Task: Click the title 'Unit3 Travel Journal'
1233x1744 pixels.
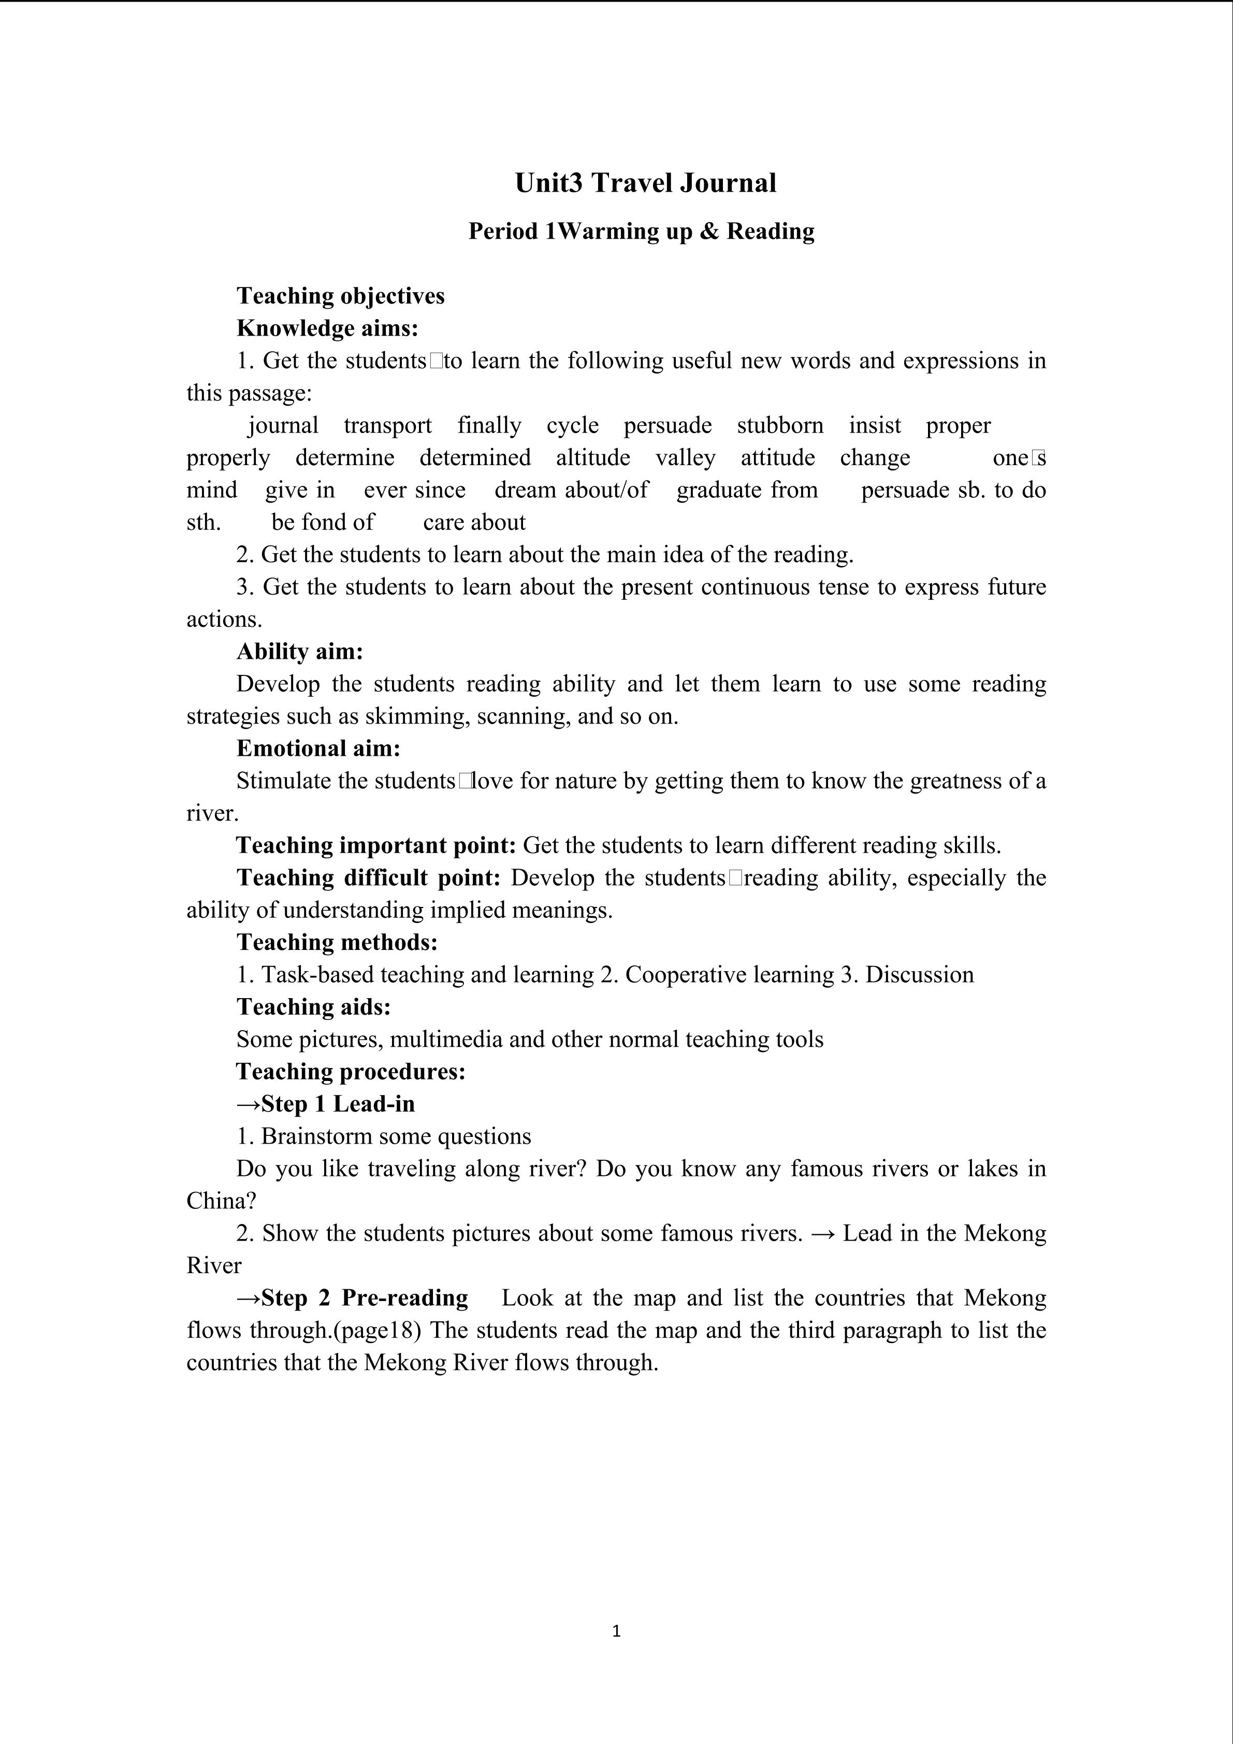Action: (x=645, y=183)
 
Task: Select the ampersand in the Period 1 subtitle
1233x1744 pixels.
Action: (x=708, y=231)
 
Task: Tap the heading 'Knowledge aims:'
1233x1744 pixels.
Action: (x=327, y=328)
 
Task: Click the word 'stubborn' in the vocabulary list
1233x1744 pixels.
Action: (x=780, y=425)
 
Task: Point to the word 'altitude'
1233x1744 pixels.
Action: (x=592, y=457)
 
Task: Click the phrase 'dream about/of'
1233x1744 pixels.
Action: (x=571, y=490)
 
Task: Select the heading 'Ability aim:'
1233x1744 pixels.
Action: (x=300, y=652)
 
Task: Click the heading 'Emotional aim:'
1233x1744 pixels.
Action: (x=318, y=748)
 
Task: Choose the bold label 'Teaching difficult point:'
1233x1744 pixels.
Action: (x=368, y=878)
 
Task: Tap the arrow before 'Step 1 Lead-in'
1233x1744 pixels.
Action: (x=248, y=1104)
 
